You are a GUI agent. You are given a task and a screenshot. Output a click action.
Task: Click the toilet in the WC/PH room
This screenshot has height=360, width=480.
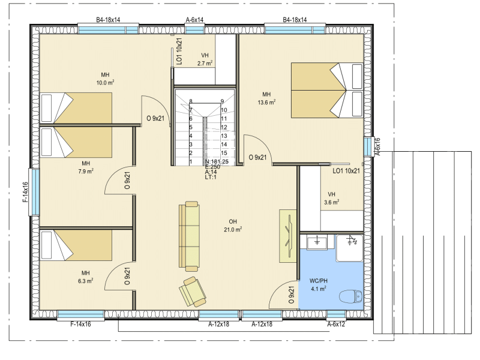(351, 296)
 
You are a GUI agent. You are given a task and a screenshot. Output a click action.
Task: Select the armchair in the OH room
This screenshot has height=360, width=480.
(193, 292)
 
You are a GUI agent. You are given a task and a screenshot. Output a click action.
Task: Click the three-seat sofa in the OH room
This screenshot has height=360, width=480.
(189, 236)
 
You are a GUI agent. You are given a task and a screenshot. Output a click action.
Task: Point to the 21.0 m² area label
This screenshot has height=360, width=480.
(233, 229)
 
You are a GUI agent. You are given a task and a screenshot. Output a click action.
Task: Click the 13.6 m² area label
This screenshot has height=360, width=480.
(266, 102)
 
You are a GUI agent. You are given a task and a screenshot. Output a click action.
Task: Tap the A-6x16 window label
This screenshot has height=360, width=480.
(377, 146)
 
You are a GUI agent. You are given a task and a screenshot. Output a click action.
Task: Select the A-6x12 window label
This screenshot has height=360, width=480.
(336, 324)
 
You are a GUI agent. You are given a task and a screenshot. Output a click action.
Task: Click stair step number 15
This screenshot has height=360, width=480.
(224, 153)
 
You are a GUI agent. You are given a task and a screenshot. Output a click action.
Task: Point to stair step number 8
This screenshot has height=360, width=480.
(191, 101)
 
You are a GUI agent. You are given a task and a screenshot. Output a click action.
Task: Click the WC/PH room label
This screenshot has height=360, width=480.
(319, 281)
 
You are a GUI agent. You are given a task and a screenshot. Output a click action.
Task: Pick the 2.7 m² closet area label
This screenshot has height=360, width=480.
(205, 64)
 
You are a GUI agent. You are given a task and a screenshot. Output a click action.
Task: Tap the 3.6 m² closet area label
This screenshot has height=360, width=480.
(332, 202)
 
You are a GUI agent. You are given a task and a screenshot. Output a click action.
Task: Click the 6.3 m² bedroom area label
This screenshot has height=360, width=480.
(85, 281)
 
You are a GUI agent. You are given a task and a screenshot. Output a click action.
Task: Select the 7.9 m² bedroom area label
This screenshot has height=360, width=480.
(86, 171)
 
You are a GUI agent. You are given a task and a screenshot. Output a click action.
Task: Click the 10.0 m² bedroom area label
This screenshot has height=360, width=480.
(106, 82)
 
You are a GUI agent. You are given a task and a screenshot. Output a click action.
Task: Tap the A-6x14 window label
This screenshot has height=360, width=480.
(194, 20)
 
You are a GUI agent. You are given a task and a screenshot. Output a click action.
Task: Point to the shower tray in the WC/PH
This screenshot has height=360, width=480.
(350, 248)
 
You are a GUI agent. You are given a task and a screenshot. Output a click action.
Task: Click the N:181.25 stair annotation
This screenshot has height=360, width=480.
(217, 161)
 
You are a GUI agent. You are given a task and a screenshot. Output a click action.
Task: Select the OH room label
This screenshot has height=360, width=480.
(233, 221)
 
